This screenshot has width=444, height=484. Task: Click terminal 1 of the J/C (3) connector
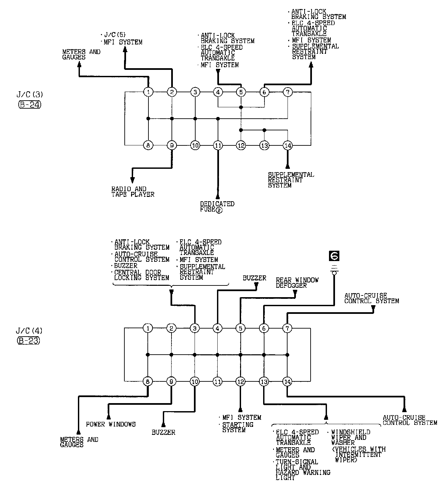click(148, 92)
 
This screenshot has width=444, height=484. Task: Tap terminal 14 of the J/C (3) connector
click(288, 145)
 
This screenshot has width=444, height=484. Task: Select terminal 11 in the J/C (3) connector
click(218, 145)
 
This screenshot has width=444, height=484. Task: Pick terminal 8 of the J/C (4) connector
click(148, 381)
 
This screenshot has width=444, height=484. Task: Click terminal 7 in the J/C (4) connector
click(287, 329)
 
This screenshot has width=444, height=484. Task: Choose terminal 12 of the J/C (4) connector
click(240, 381)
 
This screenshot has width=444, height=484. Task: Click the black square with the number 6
click(334, 256)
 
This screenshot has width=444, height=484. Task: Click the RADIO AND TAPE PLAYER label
click(133, 192)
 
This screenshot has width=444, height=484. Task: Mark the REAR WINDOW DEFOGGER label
click(297, 282)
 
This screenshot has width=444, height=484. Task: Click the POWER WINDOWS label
click(111, 424)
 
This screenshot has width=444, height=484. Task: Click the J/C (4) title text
click(29, 331)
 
